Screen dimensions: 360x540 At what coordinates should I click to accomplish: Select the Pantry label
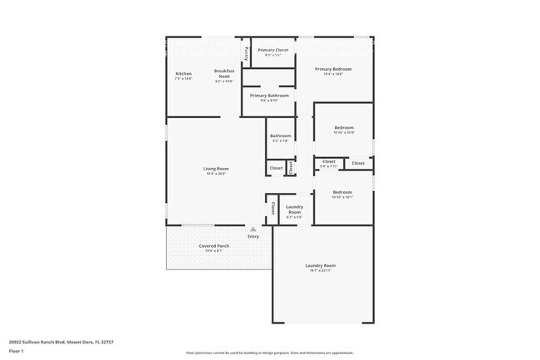click(x=247, y=53)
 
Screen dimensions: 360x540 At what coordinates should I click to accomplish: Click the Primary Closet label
click(x=272, y=51)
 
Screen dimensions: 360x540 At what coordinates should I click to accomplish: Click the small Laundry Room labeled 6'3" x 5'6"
click(x=294, y=210)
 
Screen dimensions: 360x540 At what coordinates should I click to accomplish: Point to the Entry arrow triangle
click(x=253, y=229)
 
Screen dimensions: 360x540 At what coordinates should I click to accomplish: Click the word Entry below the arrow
click(x=253, y=237)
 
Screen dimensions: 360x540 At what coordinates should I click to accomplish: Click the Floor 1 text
click(x=17, y=350)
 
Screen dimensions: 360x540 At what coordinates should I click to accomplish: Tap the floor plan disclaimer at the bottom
click(x=269, y=353)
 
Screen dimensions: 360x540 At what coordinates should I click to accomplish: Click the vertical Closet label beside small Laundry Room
click(x=273, y=209)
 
